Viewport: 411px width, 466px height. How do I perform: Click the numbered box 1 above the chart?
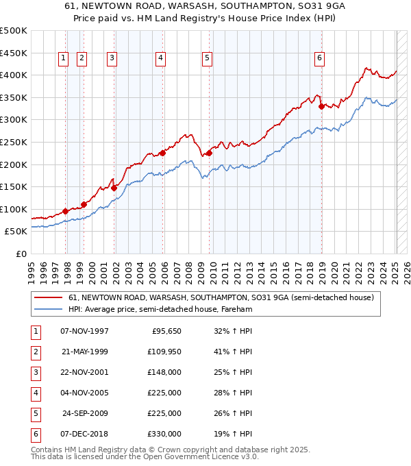63,58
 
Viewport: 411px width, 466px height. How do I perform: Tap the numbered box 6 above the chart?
319,58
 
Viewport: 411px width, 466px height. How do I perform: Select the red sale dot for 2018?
321,106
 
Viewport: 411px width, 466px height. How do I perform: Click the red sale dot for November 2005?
162,153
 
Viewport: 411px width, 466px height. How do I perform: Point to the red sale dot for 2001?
114,187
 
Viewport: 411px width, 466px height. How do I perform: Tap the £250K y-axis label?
14,142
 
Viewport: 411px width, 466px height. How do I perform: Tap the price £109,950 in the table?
164,352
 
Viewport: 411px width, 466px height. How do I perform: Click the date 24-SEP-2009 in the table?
85,413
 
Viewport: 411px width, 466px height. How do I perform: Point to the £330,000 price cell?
164,434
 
